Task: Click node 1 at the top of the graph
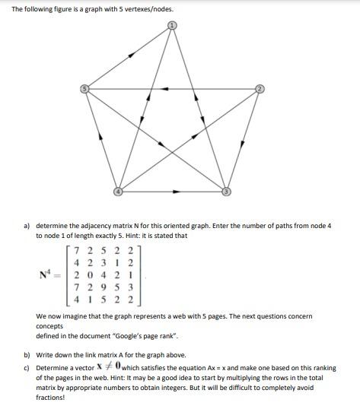172,25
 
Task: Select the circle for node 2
260,90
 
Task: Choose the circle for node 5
84,90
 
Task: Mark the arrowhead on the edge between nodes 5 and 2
165,90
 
